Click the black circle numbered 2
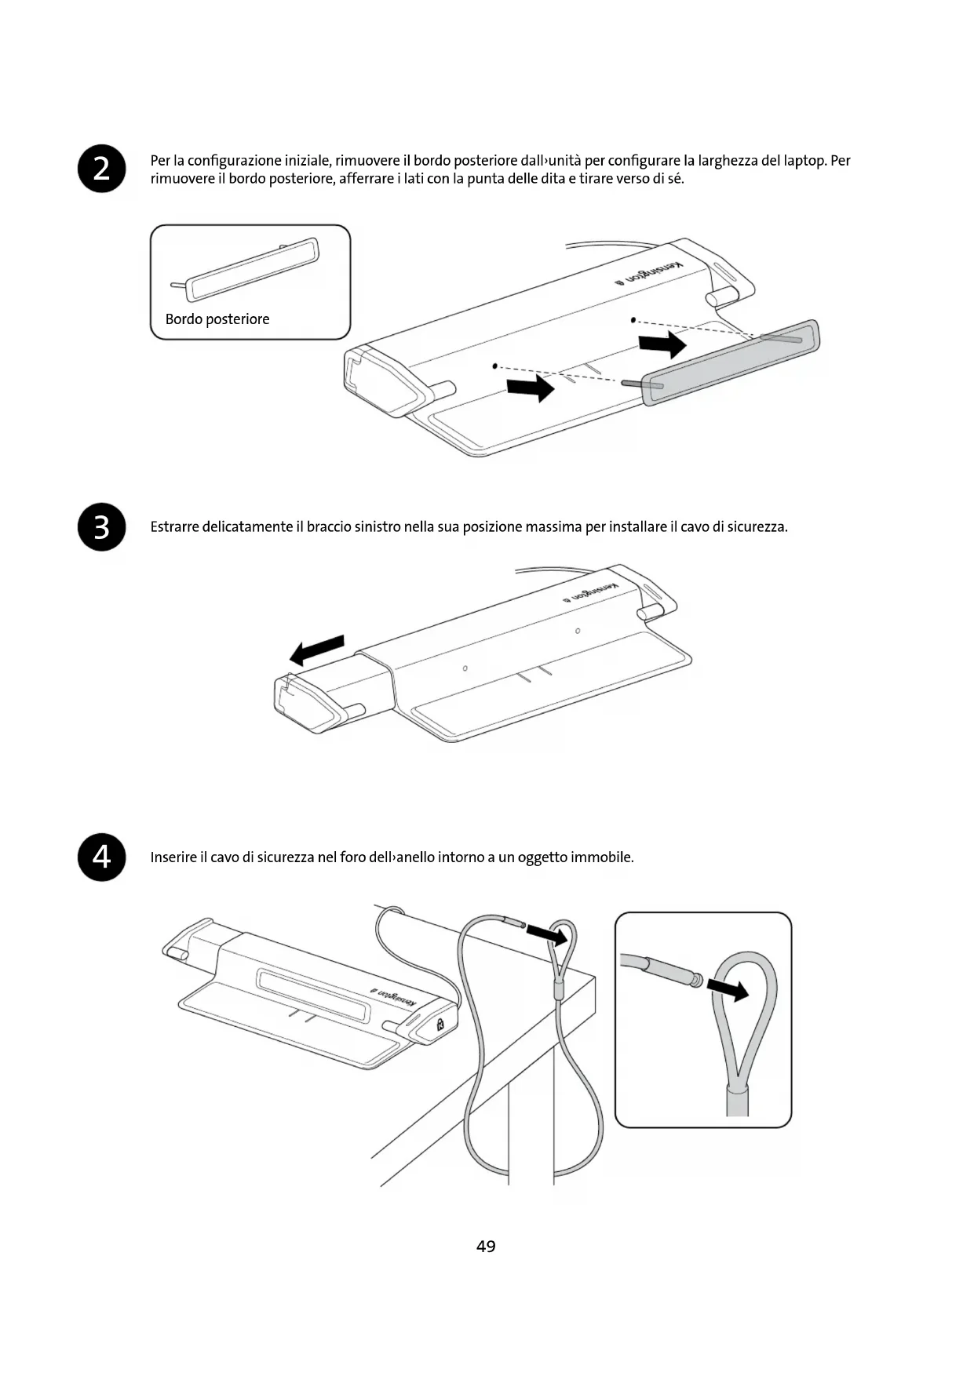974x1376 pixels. tap(102, 169)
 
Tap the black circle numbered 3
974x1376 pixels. tap(102, 527)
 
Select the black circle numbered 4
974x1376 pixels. tap(102, 857)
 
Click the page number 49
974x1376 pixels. tap(486, 1246)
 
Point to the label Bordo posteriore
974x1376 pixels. tap(217, 319)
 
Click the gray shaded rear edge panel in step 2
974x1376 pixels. tap(730, 362)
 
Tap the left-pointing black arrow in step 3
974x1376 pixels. tap(317, 650)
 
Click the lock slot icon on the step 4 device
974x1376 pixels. tap(440, 1025)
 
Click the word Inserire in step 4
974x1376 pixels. tap(173, 857)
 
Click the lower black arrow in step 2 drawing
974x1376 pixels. tap(531, 387)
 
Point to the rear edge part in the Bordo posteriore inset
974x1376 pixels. tap(253, 269)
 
